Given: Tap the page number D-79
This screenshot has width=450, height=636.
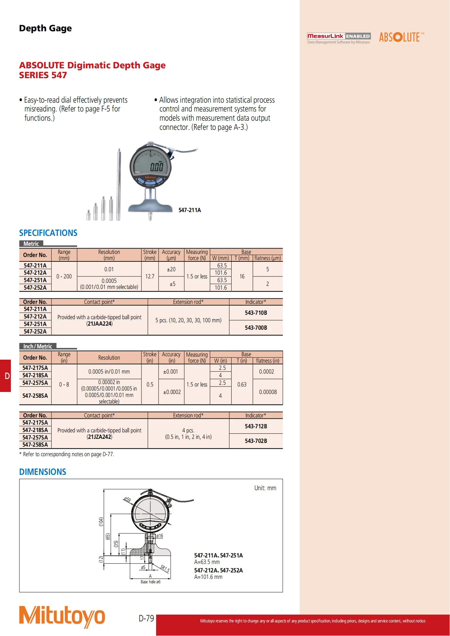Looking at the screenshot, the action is (x=146, y=618).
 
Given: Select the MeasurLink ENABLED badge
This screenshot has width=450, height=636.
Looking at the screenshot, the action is (x=339, y=38).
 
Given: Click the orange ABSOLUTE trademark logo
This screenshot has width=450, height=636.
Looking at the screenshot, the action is (x=402, y=37).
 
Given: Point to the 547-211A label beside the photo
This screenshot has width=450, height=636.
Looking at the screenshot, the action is (x=190, y=210).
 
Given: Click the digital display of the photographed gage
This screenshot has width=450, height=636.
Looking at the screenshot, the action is (x=150, y=164).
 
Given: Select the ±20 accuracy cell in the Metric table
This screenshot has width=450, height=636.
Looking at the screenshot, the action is (x=171, y=269).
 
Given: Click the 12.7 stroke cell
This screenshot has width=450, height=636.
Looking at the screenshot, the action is (x=150, y=276).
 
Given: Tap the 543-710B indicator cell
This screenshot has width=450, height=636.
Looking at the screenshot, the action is (x=256, y=313).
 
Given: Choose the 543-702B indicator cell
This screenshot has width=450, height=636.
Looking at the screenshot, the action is (x=256, y=441).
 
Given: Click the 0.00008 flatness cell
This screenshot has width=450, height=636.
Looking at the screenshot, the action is (x=268, y=392).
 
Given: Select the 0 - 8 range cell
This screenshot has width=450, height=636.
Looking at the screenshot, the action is (x=64, y=384).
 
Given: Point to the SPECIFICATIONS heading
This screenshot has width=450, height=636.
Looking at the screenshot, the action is (x=48, y=233).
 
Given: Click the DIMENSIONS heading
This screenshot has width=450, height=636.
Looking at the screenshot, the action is (x=43, y=472).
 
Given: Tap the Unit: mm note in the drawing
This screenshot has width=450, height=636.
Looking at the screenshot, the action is (x=265, y=488).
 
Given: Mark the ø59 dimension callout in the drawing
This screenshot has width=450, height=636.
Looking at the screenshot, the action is (x=127, y=499).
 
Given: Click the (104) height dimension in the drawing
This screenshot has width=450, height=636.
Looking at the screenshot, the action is (x=101, y=522).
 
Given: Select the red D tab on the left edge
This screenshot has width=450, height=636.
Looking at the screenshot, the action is (x=5, y=376).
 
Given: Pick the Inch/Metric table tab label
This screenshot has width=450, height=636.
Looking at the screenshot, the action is (x=38, y=346).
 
